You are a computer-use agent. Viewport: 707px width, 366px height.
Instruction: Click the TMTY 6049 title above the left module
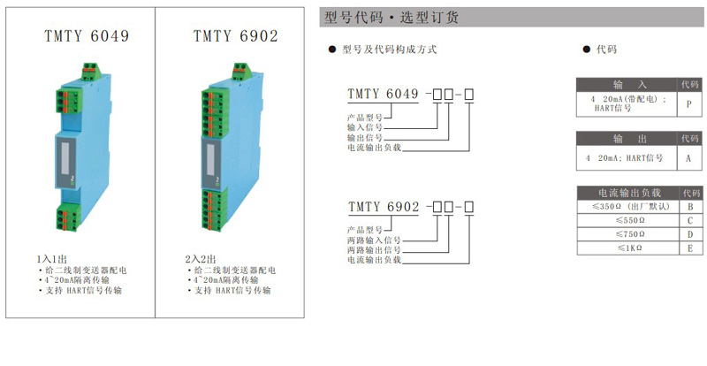pos(87,36)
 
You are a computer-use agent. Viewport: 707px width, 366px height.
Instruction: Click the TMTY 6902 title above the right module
pos(235,36)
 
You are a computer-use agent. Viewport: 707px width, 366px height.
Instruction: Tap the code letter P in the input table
pos(689,104)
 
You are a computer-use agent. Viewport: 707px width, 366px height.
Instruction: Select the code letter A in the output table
pos(688,158)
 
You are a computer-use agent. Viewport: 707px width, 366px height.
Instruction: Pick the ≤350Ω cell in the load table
pos(628,207)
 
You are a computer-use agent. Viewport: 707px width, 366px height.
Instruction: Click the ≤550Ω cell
pos(628,221)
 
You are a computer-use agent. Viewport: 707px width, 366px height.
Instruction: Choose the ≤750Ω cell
pos(628,234)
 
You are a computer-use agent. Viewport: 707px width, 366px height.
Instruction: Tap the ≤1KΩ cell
pos(628,248)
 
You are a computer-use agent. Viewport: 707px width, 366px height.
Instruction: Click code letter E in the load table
pos(690,248)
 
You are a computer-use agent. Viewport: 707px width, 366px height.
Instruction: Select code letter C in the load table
pos(690,221)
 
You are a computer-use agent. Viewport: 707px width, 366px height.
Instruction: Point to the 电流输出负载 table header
pos(629,193)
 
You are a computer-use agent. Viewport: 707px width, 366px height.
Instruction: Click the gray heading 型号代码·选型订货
pos(392,18)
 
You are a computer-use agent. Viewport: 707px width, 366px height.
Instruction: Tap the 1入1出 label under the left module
pos(52,259)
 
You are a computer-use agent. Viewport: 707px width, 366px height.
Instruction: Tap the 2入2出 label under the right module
pos(201,259)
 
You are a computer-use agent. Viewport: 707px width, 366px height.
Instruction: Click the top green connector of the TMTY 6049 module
pos(92,72)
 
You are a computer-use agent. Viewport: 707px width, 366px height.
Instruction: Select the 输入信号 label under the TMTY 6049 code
pos(365,127)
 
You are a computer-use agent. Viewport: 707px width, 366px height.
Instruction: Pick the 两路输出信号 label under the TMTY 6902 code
pos(374,250)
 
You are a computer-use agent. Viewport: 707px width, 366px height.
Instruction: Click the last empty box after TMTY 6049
pos(469,95)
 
